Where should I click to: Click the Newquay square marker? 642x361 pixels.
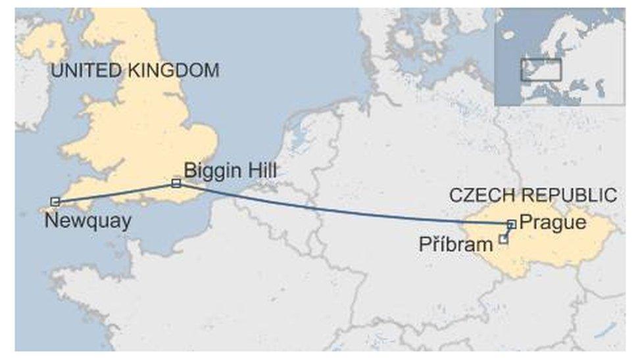pos(55,202)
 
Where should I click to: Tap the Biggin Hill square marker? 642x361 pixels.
pos(176,183)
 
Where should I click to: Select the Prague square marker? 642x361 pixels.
pos(511,224)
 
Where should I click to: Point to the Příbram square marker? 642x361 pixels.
pos(503,239)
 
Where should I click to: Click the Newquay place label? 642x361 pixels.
pos(87,220)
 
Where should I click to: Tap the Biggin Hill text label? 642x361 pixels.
pos(230,171)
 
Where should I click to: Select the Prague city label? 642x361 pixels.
pos(553,222)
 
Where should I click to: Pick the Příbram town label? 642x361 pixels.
pos(456,245)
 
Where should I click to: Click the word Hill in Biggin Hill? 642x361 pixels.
pos(262,170)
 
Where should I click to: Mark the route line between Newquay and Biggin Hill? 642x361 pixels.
pos(115,193)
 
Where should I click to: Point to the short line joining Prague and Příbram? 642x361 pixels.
pos(507,231)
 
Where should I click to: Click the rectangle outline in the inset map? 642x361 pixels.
pos(541,70)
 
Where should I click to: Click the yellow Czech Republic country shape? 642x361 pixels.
pos(566,247)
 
